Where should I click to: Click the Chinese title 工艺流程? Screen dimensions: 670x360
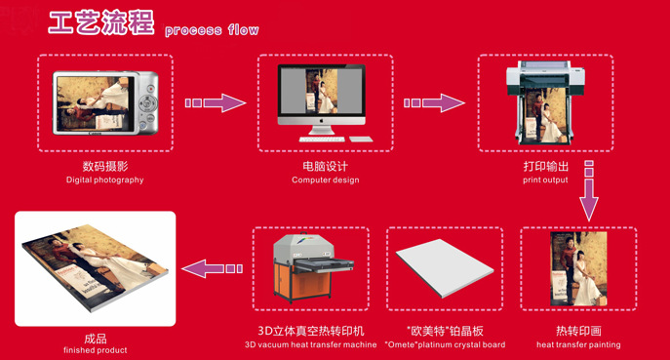tap(101, 22)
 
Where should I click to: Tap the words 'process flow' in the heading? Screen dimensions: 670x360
tap(212, 30)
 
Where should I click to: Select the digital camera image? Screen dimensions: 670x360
tap(105, 103)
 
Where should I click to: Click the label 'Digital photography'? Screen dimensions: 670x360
tap(104, 180)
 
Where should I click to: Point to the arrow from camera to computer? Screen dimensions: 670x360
tap(216, 103)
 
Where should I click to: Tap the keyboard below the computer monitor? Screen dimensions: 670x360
tap(322, 140)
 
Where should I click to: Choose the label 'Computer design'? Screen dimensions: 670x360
tap(325, 180)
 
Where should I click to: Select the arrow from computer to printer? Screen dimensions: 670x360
tap(434, 103)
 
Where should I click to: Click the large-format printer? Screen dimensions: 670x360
tap(546, 102)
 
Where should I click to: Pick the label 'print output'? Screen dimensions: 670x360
tap(545, 180)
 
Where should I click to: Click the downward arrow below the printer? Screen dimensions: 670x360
tap(589, 190)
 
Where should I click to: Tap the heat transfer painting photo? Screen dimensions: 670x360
tap(578, 269)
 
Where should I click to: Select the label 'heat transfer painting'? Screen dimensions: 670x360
tap(578, 344)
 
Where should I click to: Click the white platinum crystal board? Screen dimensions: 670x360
tap(445, 268)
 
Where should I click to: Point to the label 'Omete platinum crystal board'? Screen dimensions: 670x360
tap(445, 344)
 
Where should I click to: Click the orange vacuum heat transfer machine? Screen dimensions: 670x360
tap(313, 267)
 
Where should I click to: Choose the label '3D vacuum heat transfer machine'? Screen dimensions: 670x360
tap(311, 344)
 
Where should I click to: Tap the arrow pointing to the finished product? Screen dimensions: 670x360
tap(213, 268)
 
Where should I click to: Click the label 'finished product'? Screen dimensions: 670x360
tap(96, 350)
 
